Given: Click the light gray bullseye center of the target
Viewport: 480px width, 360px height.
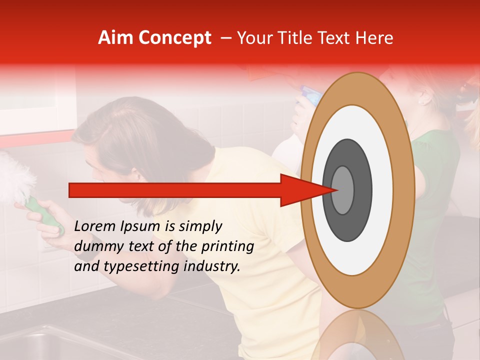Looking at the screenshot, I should [343, 190].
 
